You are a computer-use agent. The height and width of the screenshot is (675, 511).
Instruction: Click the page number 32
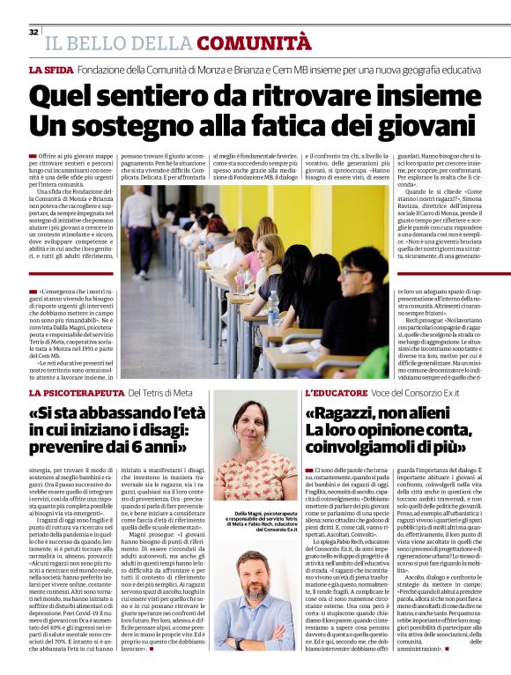coord(33,32)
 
